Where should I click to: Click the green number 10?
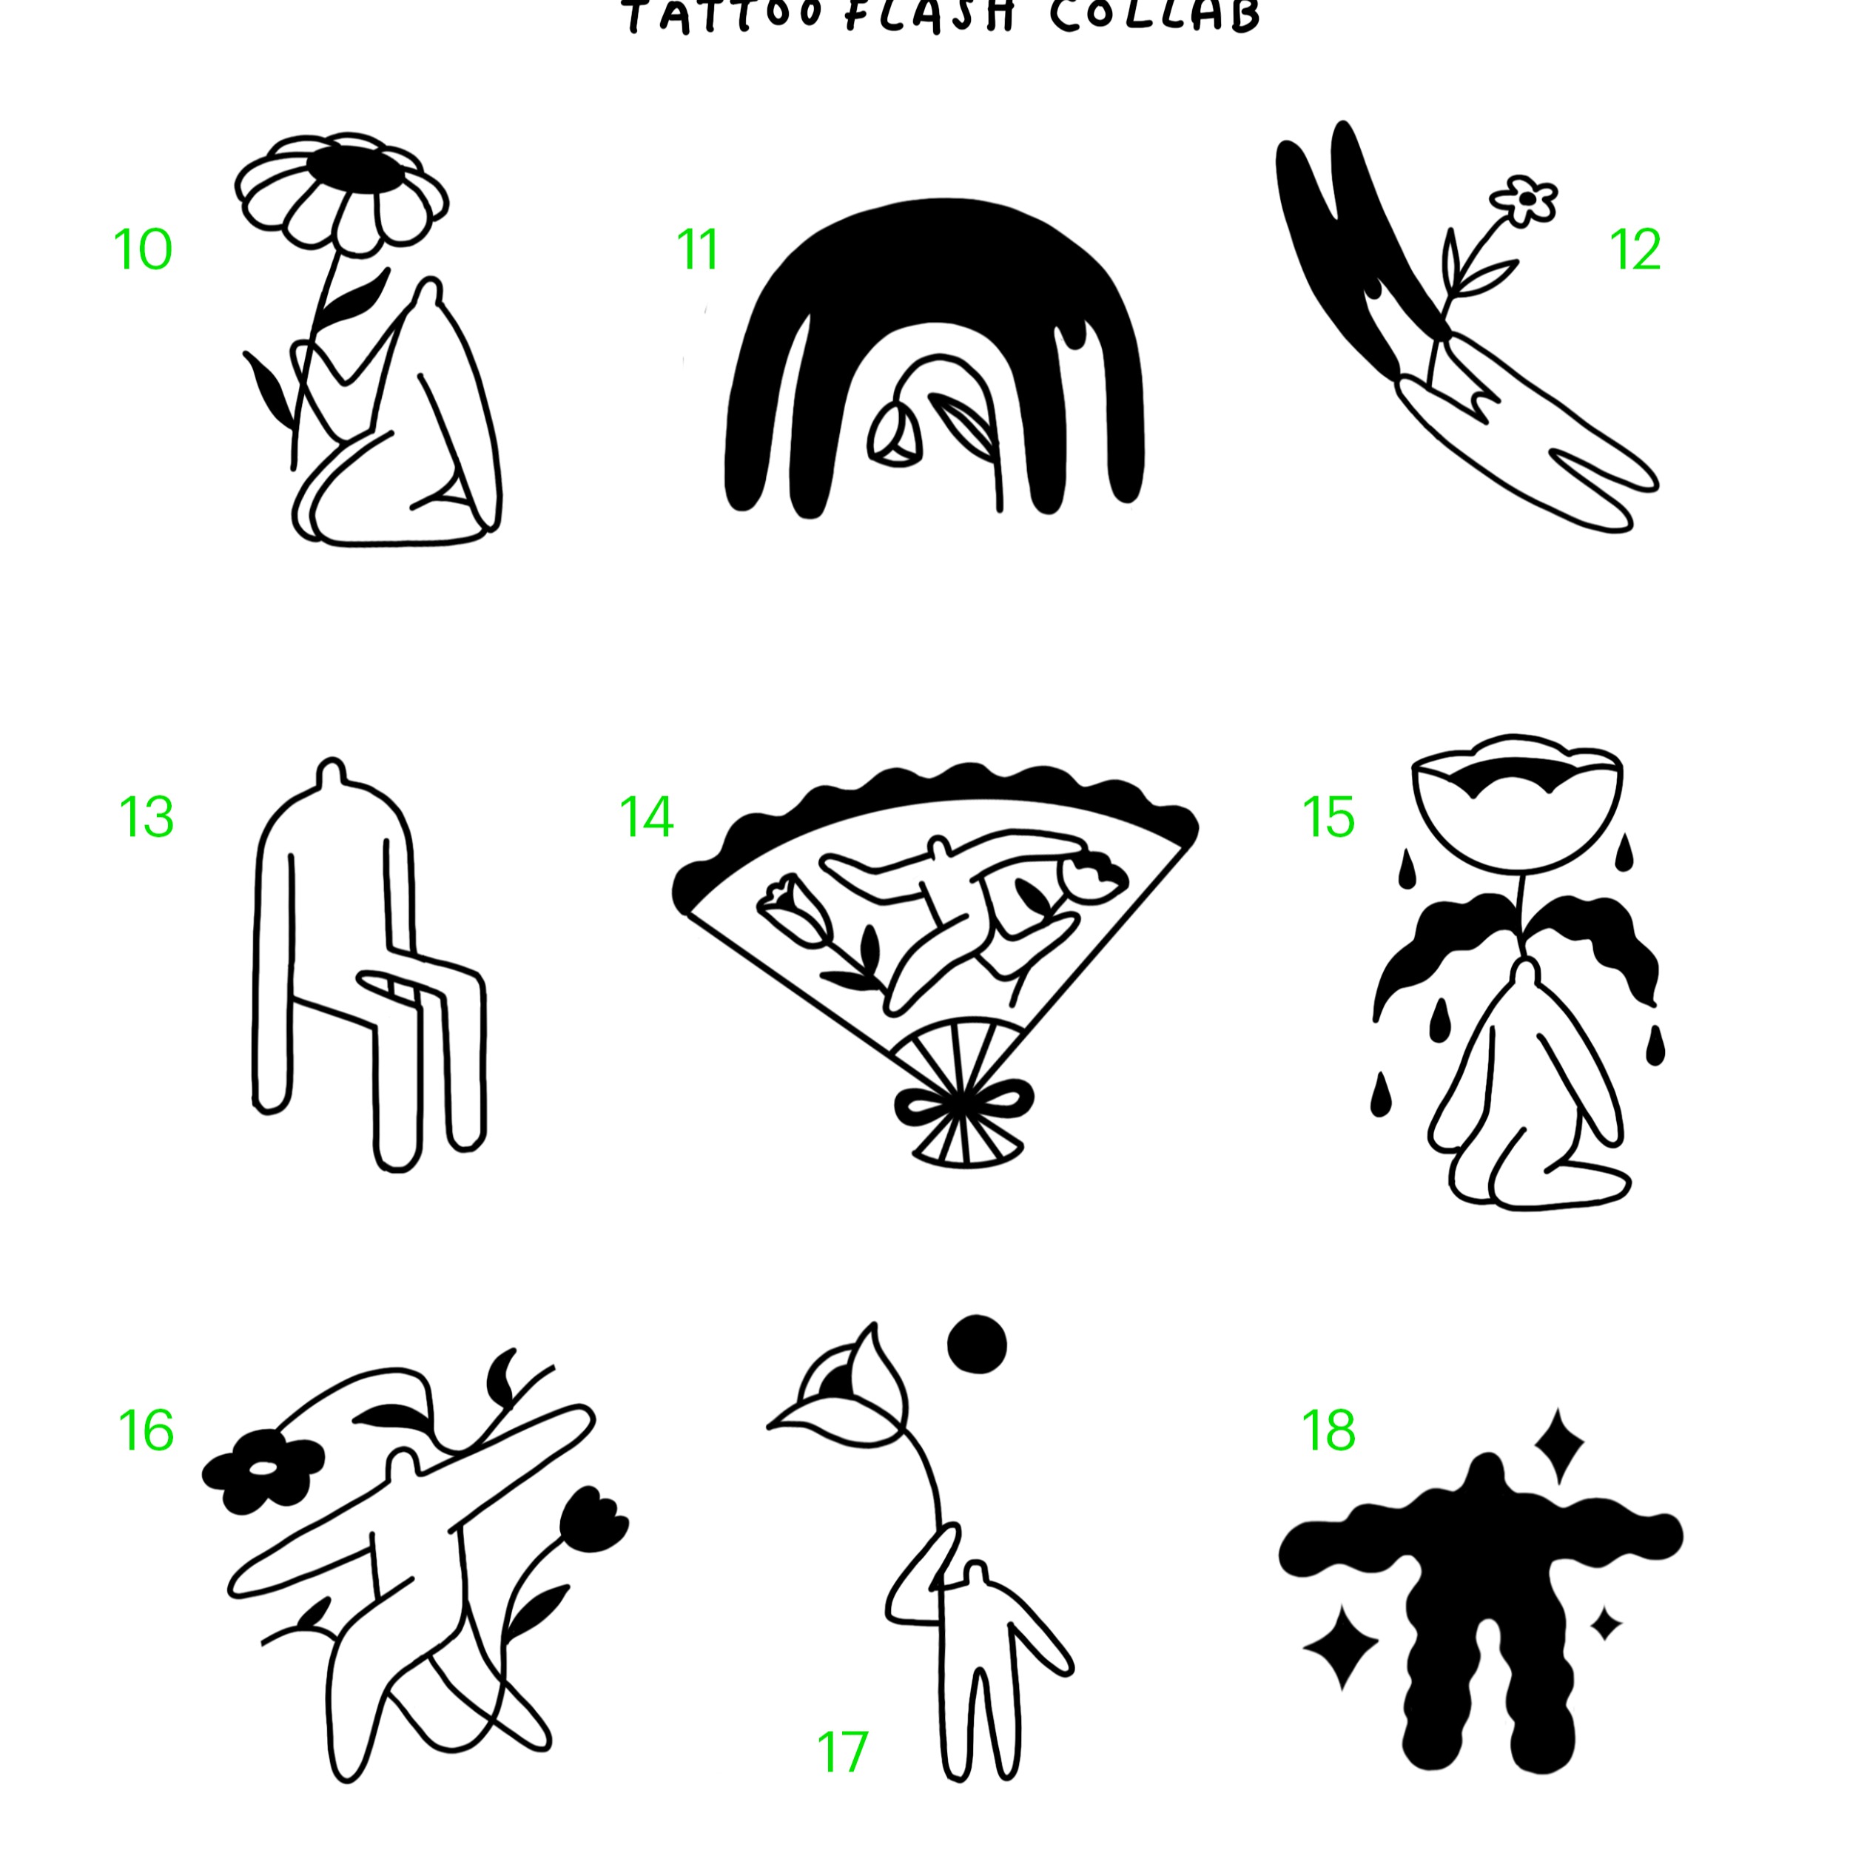point(143,250)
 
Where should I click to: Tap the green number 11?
point(697,250)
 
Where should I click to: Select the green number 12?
point(1635,250)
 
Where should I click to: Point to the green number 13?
point(147,818)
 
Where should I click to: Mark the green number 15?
point(1329,818)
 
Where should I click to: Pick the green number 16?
point(147,1430)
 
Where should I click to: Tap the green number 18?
point(1329,1430)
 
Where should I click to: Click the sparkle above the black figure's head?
point(1558,1444)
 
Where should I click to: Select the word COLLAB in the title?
point(1155,16)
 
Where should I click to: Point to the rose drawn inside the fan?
point(790,905)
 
